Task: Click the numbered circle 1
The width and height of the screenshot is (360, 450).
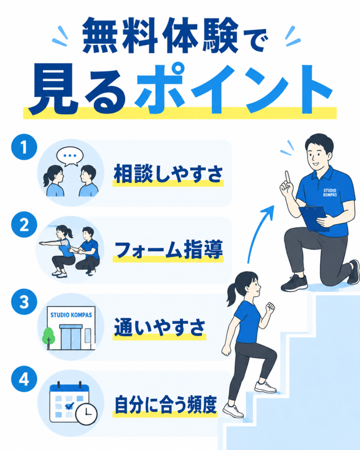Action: [24, 147]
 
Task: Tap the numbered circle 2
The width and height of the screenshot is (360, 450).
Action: [24, 225]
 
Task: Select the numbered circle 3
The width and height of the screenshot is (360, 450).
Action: [24, 301]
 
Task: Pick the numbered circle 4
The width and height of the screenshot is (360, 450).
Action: [24, 379]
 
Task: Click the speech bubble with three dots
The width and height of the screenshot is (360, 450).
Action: [70, 156]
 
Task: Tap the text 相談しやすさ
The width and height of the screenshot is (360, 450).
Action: [168, 174]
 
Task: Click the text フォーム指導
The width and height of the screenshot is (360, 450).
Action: [168, 250]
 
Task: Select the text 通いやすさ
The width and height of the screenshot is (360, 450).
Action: [160, 327]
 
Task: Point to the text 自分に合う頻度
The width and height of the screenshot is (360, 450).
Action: [165, 405]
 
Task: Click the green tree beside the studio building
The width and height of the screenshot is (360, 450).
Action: [48, 337]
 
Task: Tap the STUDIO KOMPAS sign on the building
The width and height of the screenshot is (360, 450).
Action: [71, 315]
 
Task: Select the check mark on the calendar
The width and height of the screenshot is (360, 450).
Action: [69, 406]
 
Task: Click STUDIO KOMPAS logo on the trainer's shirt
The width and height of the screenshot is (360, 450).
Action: [330, 192]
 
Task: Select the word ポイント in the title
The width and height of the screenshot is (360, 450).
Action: [233, 88]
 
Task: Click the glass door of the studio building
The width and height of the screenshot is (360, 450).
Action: [71, 338]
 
